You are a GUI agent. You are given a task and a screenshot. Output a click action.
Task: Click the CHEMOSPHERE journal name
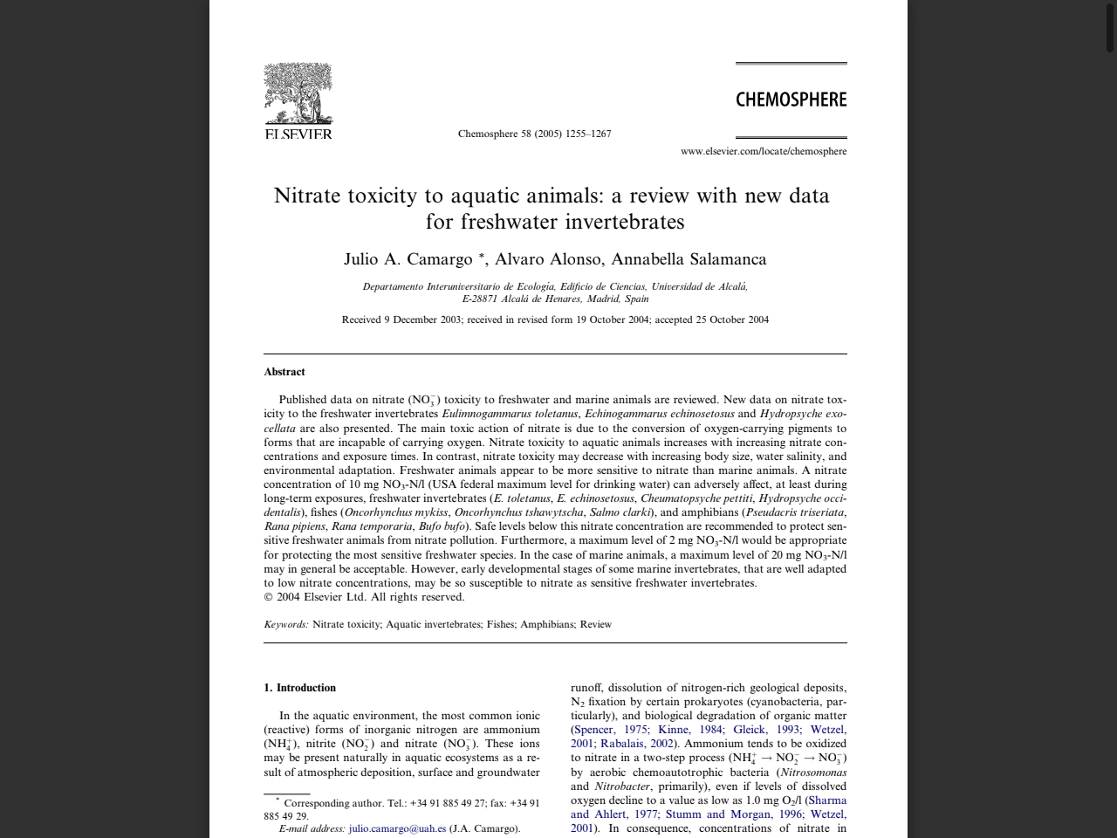791,100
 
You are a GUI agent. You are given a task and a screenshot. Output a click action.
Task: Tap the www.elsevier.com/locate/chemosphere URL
764,151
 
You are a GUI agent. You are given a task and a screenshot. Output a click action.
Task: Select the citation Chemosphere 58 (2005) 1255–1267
534,134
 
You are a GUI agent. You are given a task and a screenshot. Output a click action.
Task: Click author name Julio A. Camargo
408,259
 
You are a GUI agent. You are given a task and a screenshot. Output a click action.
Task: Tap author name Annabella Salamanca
689,259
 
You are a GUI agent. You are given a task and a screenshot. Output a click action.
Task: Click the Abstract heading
284,372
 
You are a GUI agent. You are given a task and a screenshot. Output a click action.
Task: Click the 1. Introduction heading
299,688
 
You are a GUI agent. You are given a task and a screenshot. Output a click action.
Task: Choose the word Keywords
285,624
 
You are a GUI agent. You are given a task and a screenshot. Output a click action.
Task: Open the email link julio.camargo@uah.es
397,828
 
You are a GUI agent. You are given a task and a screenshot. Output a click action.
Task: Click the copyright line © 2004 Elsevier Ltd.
364,597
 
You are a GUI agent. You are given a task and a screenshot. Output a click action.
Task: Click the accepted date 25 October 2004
732,319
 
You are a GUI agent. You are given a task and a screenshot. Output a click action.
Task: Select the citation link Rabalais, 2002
636,744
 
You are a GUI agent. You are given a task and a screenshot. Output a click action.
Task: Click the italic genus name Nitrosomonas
812,772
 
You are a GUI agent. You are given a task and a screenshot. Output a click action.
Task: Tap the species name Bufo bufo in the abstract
442,526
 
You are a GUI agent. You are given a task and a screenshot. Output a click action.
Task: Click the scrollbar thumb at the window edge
1110,26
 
